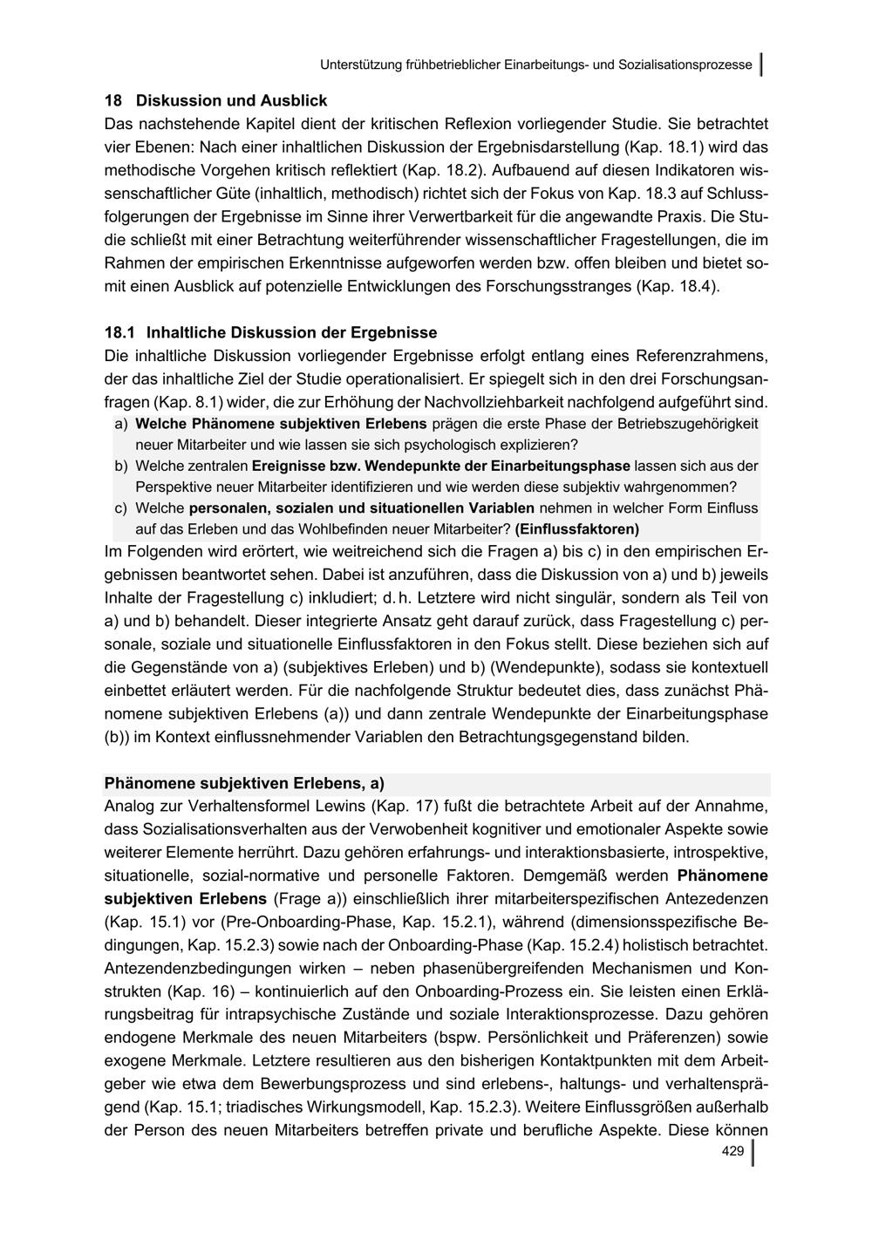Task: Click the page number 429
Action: (732, 1152)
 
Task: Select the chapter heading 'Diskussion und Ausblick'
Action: (231, 100)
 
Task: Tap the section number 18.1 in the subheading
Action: (120, 332)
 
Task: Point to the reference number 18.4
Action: (698, 286)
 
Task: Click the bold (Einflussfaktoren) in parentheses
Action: (577, 529)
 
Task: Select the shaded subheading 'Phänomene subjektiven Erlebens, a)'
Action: (244, 782)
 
